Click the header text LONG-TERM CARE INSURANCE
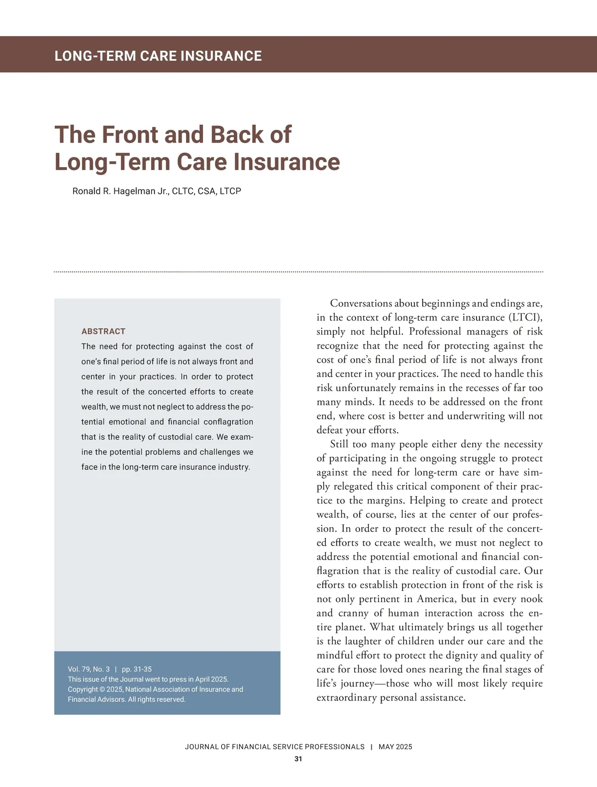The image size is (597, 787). coord(158,56)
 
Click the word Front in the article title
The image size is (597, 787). coord(131,135)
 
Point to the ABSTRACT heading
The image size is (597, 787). coord(103,331)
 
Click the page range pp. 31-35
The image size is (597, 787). coord(137,669)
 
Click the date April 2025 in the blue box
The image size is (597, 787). coord(213,679)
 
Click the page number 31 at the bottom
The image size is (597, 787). coord(298,759)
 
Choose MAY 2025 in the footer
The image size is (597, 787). coord(395,747)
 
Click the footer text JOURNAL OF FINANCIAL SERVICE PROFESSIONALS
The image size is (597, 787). coord(275,747)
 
